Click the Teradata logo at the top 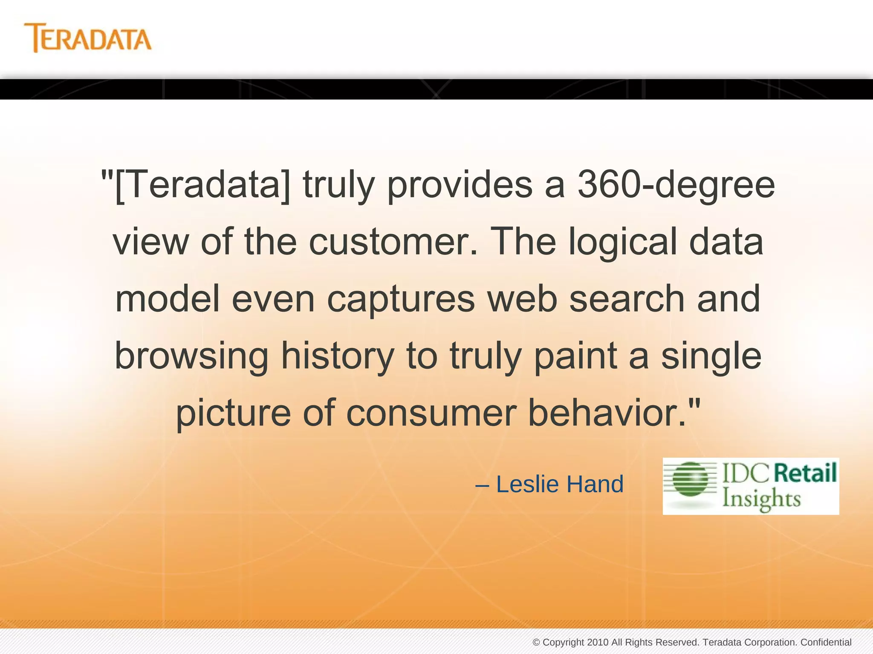[87, 38]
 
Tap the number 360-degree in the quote [676, 185]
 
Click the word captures [401, 298]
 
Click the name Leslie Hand [559, 484]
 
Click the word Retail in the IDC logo [805, 473]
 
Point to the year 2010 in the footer [597, 642]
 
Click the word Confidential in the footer [826, 642]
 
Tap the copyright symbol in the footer [536, 642]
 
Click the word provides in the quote [460, 185]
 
